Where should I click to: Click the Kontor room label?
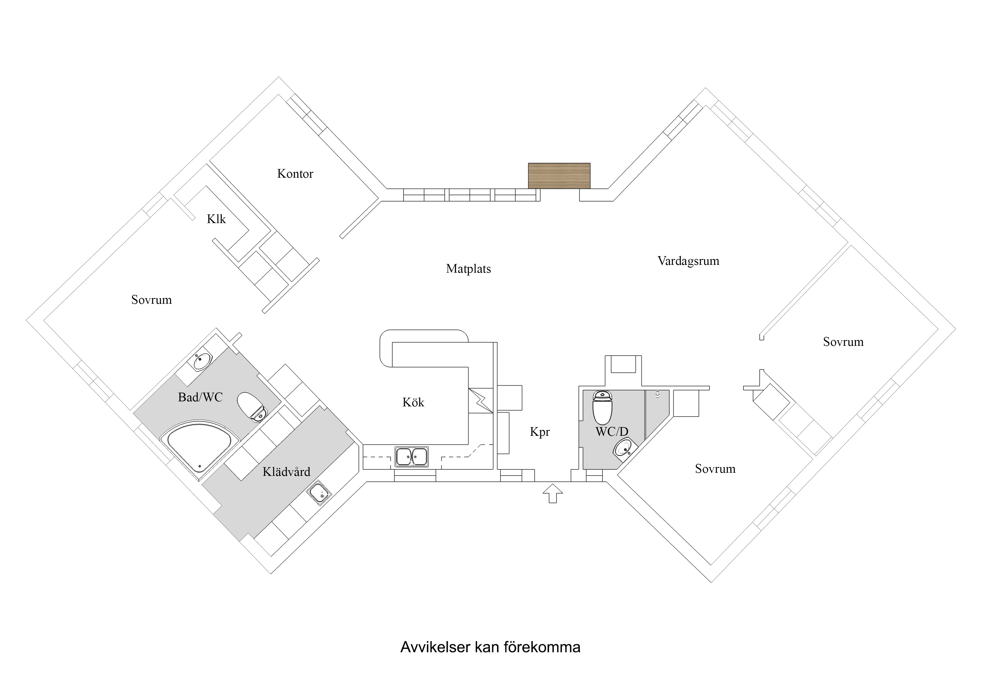[295, 173]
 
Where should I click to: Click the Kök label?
[413, 402]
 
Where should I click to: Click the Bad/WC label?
[200, 397]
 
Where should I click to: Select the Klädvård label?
[286, 472]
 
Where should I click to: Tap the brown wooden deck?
[559, 175]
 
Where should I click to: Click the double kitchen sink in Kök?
[411, 457]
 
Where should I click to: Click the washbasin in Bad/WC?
[202, 361]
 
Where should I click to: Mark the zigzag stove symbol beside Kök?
[481, 400]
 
